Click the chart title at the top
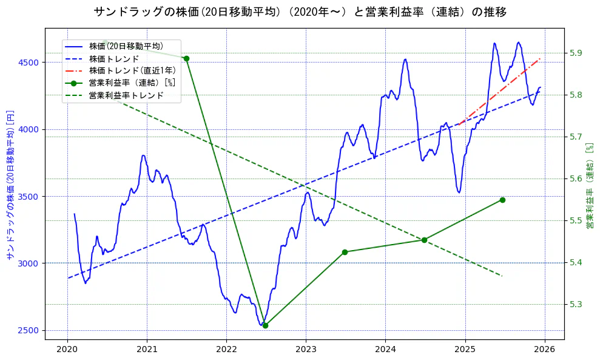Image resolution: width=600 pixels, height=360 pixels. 300,12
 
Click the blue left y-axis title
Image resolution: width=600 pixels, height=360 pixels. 9,185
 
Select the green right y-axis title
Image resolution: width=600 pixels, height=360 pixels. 589,185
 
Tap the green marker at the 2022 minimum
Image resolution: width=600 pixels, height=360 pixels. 265,325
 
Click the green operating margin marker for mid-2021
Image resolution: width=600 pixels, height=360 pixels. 186,58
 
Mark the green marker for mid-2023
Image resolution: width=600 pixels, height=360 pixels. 345,252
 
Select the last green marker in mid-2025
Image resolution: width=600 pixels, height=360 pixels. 502,200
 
